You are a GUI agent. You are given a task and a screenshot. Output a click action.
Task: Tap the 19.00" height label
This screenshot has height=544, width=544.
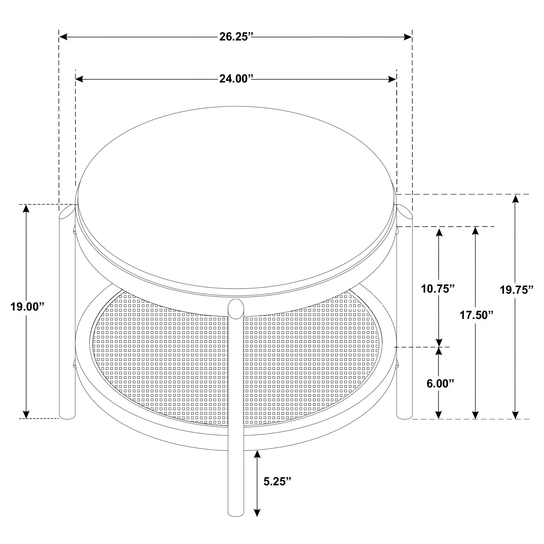click(x=28, y=307)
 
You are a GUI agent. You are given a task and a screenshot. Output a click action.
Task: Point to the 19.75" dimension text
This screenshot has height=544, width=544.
click(x=516, y=290)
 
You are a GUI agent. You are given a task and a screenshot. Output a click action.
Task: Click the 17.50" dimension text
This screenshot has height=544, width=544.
click(x=476, y=315)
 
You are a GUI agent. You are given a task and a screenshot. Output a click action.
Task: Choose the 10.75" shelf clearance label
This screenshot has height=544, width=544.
click(x=438, y=289)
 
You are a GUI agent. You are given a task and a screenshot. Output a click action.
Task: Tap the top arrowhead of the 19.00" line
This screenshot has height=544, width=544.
click(x=26, y=208)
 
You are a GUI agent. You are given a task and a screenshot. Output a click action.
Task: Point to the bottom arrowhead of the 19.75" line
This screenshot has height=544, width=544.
click(x=515, y=415)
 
